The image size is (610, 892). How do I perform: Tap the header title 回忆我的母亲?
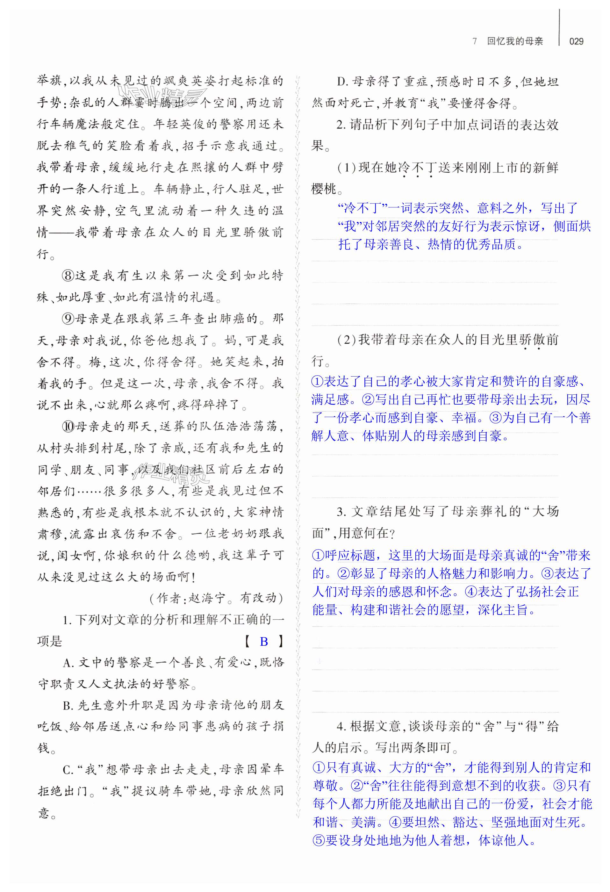pos(515,41)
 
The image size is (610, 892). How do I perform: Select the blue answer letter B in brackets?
pos(264,641)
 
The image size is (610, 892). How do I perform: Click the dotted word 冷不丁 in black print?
pos(417,168)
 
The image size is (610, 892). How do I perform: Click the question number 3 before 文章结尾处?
pos(340,512)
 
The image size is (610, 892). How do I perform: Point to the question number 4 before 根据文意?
pos(340,727)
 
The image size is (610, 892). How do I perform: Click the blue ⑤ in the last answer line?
pos(319,841)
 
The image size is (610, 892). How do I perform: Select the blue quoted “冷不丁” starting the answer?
pos(362,208)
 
